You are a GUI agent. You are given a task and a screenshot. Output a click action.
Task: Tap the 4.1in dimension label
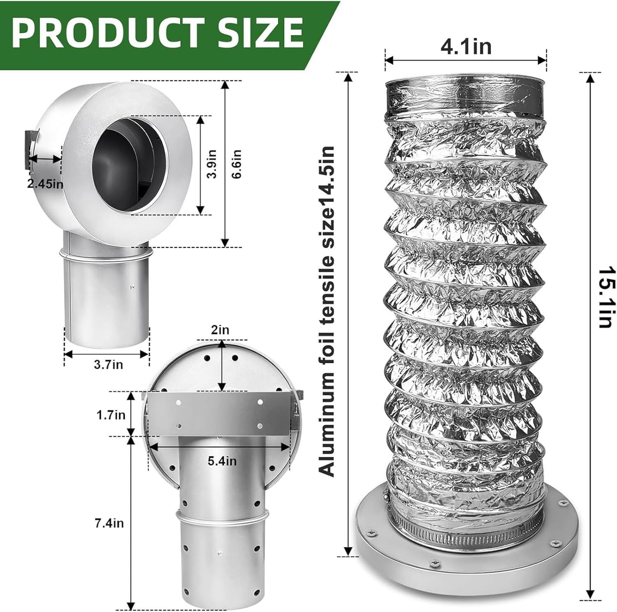point(466,46)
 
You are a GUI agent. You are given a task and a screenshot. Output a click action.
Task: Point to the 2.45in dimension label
point(45,183)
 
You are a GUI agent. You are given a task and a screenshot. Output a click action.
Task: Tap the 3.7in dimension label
point(108,364)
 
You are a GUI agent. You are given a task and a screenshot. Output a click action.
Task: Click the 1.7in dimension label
point(111,415)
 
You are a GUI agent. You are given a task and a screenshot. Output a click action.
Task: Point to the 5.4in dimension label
point(222,461)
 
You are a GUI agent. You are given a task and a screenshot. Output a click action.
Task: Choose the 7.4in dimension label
point(109,523)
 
